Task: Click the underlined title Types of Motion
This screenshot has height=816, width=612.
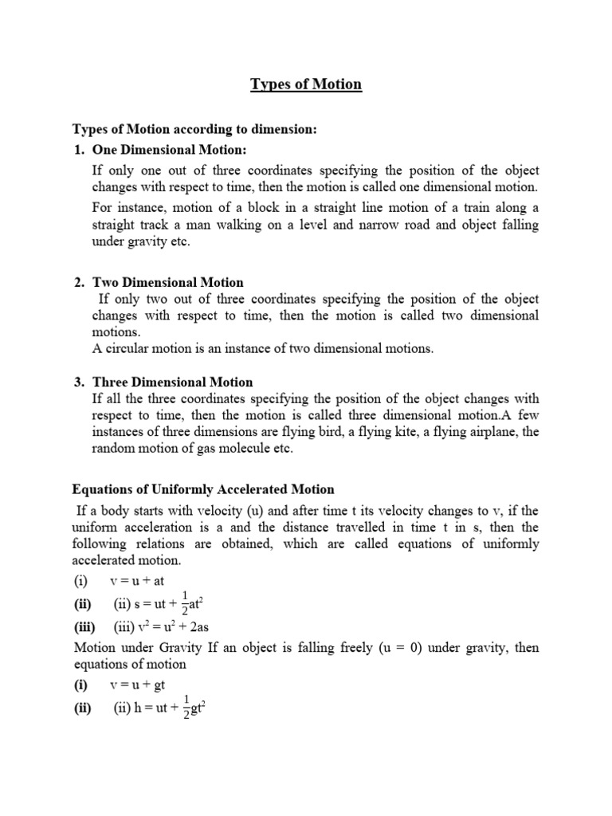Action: click(307, 84)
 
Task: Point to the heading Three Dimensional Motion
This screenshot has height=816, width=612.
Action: click(173, 382)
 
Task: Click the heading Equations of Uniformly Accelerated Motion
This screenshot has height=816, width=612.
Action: click(203, 488)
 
